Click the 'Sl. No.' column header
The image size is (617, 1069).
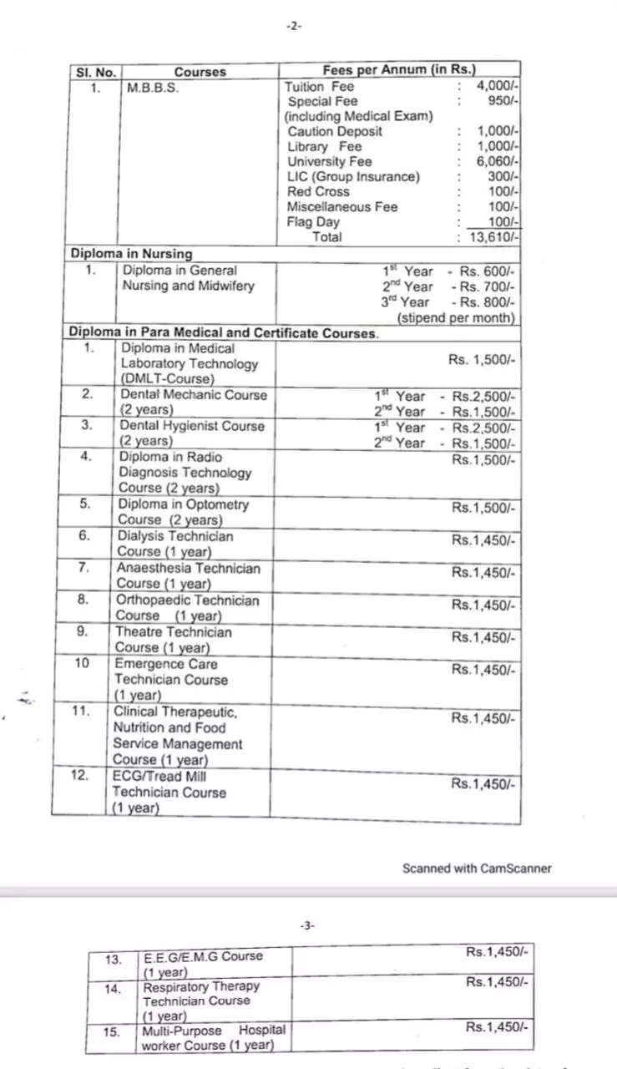click(x=95, y=72)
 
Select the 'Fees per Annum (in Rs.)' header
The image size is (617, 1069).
click(x=399, y=71)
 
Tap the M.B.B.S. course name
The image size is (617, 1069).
click(x=153, y=87)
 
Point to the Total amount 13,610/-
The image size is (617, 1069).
click(x=494, y=237)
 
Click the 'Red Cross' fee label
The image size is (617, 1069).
click(x=311, y=191)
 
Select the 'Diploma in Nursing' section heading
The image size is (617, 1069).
click(x=131, y=253)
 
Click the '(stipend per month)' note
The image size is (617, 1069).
click(x=456, y=318)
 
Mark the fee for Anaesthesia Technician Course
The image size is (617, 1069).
click(x=483, y=573)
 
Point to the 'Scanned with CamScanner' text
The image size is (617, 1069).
click(x=477, y=869)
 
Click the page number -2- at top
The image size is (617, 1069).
click(x=293, y=26)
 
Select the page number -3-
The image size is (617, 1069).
click(x=307, y=925)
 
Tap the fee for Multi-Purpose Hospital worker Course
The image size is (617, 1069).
click(x=497, y=1027)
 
